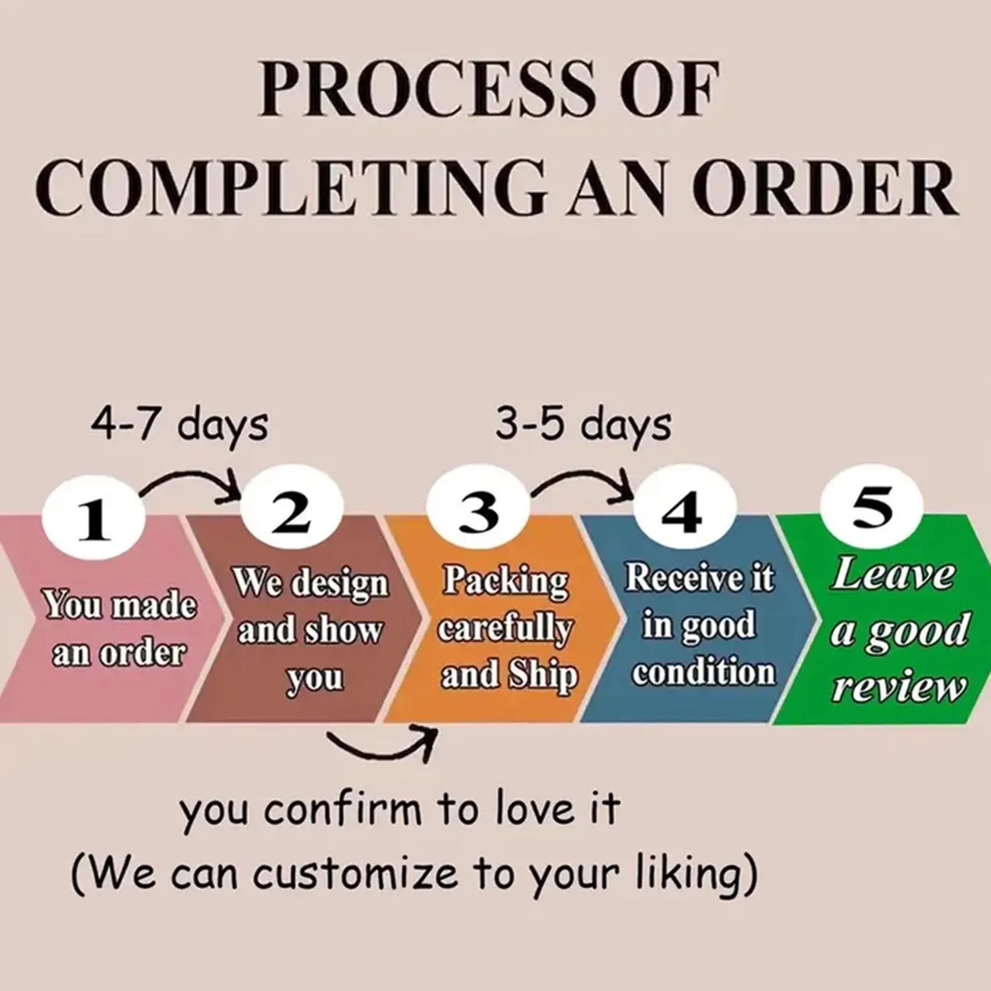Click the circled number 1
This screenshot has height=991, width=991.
[x=94, y=520]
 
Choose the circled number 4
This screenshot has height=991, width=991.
[x=685, y=513]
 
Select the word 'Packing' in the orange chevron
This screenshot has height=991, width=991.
[x=506, y=581]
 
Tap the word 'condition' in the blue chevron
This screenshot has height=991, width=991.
[x=703, y=672]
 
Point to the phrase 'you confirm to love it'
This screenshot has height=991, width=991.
[x=399, y=809]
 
